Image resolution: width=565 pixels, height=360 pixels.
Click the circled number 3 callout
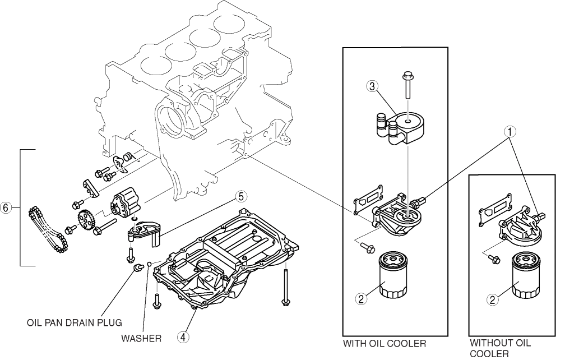point(371,86)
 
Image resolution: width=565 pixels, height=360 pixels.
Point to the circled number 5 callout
point(239,196)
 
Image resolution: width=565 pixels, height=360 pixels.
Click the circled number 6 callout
point(6,207)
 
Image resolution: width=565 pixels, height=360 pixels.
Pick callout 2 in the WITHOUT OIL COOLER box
point(493,299)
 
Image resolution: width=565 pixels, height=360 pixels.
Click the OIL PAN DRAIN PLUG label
point(75,323)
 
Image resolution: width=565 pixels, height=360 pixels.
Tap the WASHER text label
point(141,339)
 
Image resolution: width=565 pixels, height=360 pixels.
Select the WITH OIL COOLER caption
point(385,343)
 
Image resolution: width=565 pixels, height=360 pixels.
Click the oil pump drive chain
point(46,230)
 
